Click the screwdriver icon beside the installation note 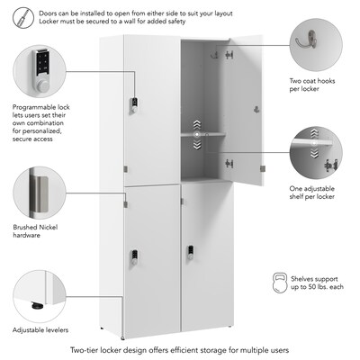23,18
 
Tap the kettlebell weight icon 280,283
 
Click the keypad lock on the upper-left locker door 134,105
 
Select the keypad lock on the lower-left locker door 134,257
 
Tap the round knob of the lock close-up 42,85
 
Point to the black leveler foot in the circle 37,306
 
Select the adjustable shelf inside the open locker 203,134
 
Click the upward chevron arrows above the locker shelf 197,124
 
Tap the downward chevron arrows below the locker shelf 197,145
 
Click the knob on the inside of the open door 256,109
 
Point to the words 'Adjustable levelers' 40,330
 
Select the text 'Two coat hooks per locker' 312,85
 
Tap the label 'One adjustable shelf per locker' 312,193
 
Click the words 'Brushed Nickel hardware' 35,231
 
